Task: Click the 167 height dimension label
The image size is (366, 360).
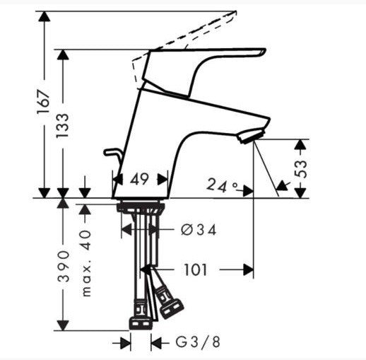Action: coord(44,101)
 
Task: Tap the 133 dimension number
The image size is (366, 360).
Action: coord(62,126)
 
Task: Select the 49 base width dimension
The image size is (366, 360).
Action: coord(139,179)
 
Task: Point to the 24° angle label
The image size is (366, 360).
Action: coord(222,185)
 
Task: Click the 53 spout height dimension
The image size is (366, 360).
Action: coord(301,169)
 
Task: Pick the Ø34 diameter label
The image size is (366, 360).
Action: coord(199,230)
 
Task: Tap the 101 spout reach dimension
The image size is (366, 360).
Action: coord(195,269)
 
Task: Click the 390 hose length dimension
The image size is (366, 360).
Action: coord(63,266)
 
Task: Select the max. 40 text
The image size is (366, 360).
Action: coord(86,263)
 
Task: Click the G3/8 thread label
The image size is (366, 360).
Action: coord(198,342)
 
